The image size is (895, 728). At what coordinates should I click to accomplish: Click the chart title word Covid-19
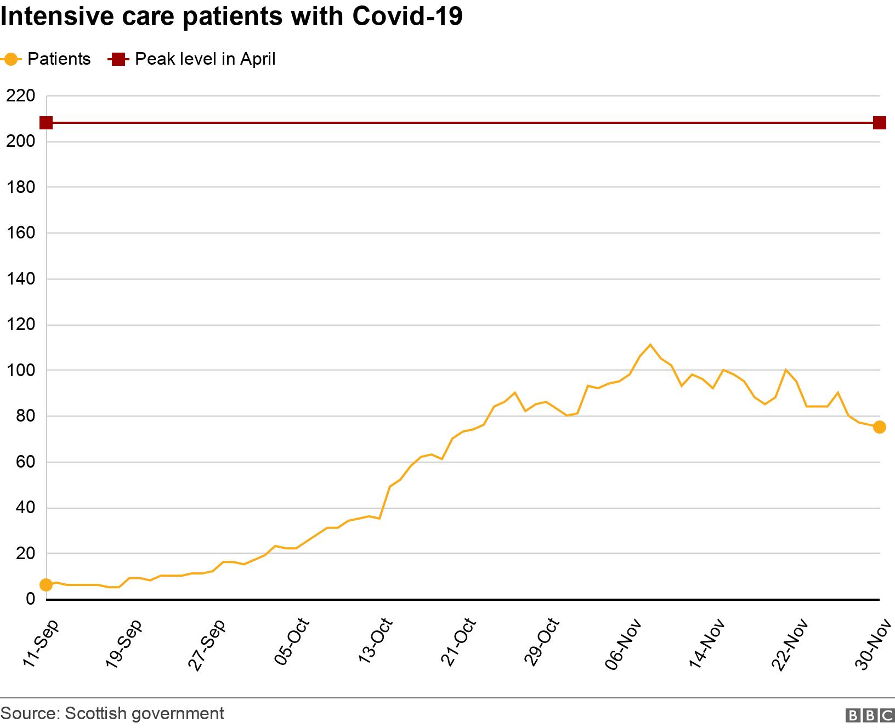407,16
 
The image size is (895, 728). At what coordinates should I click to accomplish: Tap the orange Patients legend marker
10,59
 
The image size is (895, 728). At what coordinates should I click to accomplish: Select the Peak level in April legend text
205,59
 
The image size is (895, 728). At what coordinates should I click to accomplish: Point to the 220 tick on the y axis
20,96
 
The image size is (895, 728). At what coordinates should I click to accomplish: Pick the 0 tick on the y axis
31,599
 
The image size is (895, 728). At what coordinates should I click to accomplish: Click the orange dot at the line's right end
879,427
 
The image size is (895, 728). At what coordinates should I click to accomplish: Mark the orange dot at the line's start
46,585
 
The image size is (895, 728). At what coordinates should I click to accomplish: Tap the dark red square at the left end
46,123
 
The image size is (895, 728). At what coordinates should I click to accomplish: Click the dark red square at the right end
879,123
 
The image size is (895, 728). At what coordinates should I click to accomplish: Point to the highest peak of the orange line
650,345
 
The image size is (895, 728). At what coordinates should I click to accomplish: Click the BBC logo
870,715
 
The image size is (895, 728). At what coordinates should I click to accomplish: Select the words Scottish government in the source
144,713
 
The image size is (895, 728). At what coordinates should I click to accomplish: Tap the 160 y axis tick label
20,233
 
